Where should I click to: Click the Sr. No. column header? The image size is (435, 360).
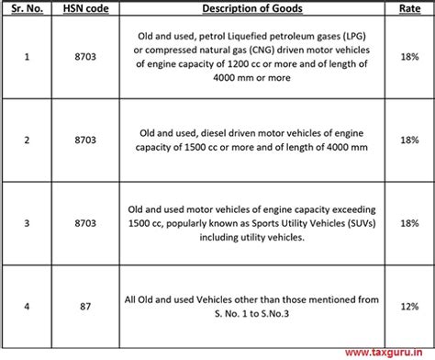point(25,9)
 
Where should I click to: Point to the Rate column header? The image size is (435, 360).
point(407,9)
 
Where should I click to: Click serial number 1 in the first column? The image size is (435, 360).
point(25,57)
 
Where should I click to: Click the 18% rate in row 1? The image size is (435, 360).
point(407,57)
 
